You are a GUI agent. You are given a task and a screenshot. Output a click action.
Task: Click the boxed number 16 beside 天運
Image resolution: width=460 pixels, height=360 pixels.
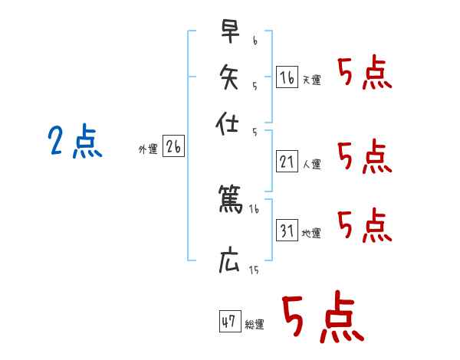click(287, 77)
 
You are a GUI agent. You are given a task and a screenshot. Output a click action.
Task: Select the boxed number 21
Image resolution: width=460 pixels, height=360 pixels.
click(287, 162)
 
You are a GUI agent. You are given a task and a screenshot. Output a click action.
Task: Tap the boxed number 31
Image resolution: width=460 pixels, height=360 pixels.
click(287, 231)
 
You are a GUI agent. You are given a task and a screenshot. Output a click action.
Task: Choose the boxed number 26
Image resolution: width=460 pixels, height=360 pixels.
click(173, 147)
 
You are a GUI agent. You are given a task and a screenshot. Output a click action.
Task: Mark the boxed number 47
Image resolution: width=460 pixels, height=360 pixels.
click(229, 322)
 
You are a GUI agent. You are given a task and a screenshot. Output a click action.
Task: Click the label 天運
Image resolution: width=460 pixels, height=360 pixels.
click(311, 80)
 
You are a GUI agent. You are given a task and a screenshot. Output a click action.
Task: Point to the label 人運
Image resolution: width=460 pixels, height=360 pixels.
click(311, 164)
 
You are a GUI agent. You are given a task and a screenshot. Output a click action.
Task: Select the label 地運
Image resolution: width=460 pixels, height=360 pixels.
click(311, 233)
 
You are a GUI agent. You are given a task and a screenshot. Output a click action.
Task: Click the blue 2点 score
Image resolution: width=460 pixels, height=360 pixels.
click(75, 142)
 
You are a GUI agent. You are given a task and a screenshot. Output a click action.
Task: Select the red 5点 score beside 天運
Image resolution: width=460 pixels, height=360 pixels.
click(364, 74)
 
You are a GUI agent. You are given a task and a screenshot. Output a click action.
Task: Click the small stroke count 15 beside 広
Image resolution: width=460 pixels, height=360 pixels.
click(254, 270)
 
